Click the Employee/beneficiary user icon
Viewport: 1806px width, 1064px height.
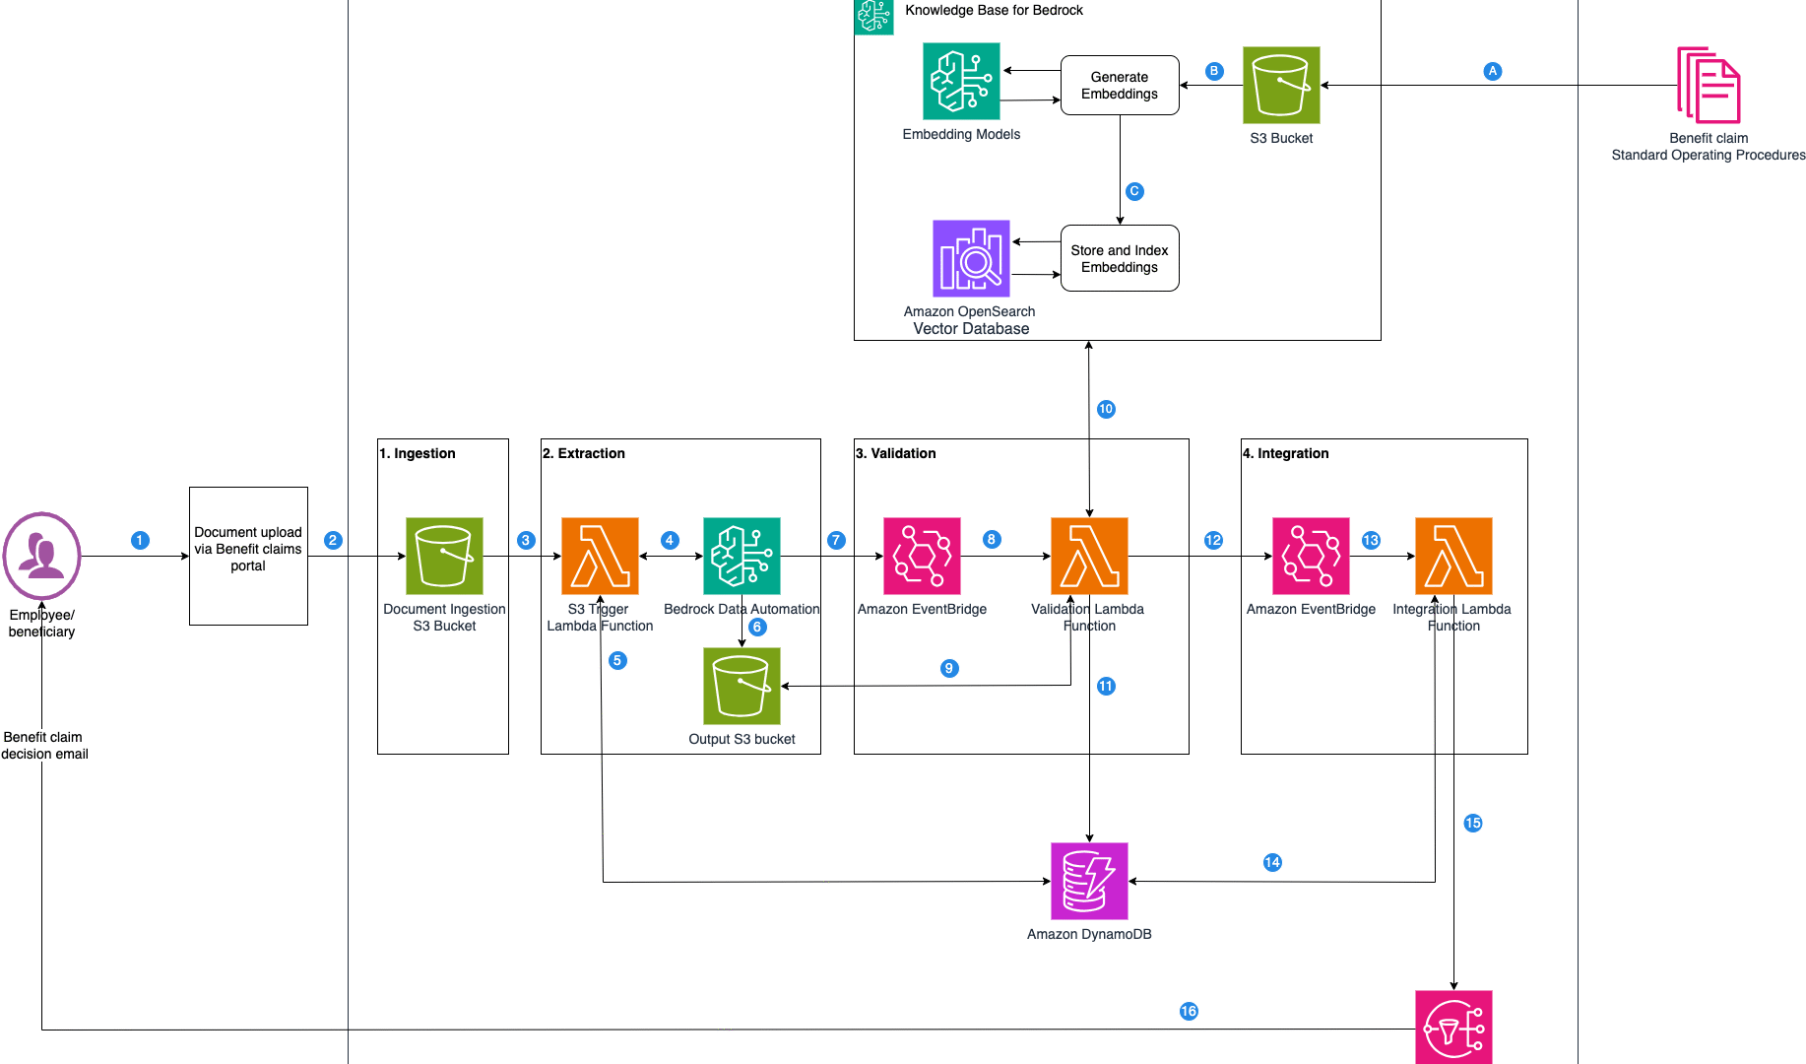[x=41, y=556]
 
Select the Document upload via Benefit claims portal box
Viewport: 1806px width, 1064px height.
[x=248, y=556]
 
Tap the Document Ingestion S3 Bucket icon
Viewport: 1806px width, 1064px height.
[x=444, y=556]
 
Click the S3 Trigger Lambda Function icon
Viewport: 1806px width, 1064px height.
[x=600, y=556]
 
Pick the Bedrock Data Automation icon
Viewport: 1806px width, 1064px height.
[x=742, y=556]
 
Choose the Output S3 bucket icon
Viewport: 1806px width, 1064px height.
[x=742, y=686]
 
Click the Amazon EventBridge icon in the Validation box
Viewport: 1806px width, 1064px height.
[x=922, y=556]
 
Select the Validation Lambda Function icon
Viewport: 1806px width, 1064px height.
[x=1089, y=556]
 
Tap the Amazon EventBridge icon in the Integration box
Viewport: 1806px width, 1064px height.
[x=1311, y=556]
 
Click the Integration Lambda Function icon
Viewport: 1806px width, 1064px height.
[x=1453, y=556]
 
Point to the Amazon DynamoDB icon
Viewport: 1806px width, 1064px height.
[x=1089, y=881]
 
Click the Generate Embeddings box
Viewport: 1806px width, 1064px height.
[x=1120, y=86]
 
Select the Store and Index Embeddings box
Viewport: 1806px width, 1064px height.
[x=1120, y=258]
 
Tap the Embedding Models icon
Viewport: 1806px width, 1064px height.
[x=961, y=81]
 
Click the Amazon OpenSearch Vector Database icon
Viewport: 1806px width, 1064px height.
[x=971, y=258]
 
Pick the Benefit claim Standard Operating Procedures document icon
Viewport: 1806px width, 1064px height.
[x=1709, y=85]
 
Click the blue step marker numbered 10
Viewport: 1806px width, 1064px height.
[x=1106, y=409]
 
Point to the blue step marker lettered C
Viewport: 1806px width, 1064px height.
[x=1134, y=191]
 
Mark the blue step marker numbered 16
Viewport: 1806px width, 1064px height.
[x=1189, y=1011]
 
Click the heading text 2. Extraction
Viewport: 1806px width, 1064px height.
[x=584, y=453]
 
